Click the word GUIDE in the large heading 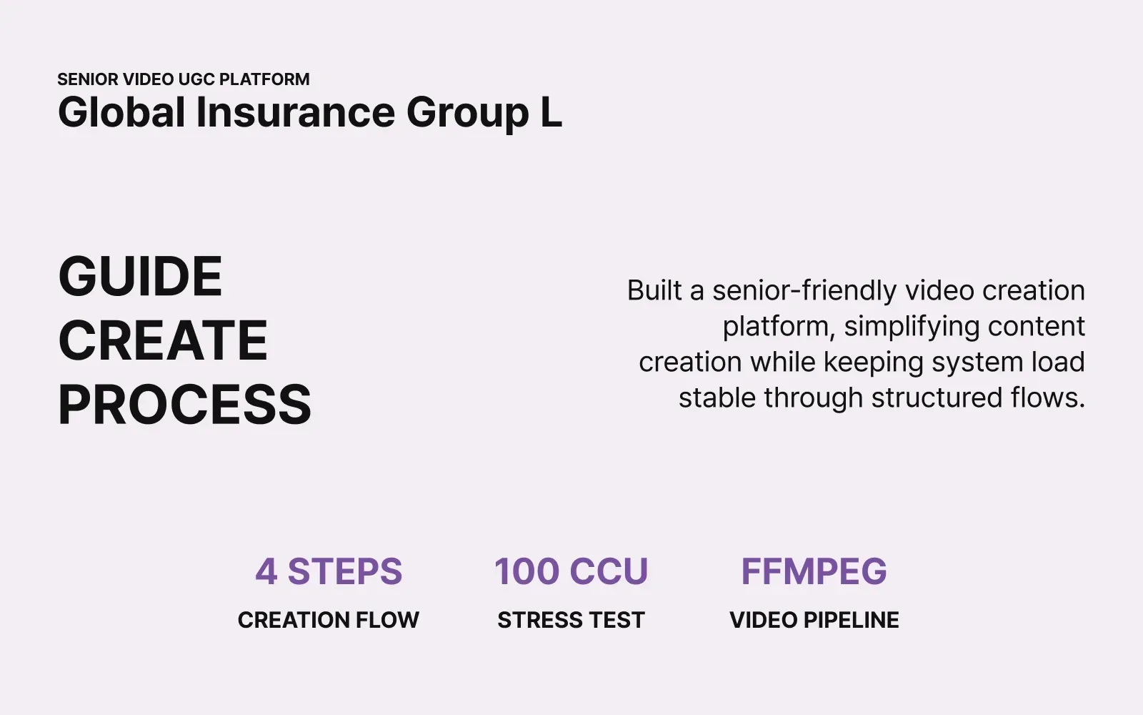(x=140, y=277)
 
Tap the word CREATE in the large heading (x=163, y=340)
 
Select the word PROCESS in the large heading (x=184, y=405)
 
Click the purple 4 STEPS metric (x=329, y=571)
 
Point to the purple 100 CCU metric (x=571, y=571)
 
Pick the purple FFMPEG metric (x=814, y=571)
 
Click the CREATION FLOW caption (x=329, y=620)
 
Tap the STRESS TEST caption (x=571, y=620)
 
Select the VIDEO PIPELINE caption (x=814, y=620)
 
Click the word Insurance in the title (x=295, y=113)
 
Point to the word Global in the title (x=122, y=113)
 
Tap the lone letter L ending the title (x=551, y=113)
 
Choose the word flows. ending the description (x=1047, y=398)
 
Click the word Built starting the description (x=654, y=291)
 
